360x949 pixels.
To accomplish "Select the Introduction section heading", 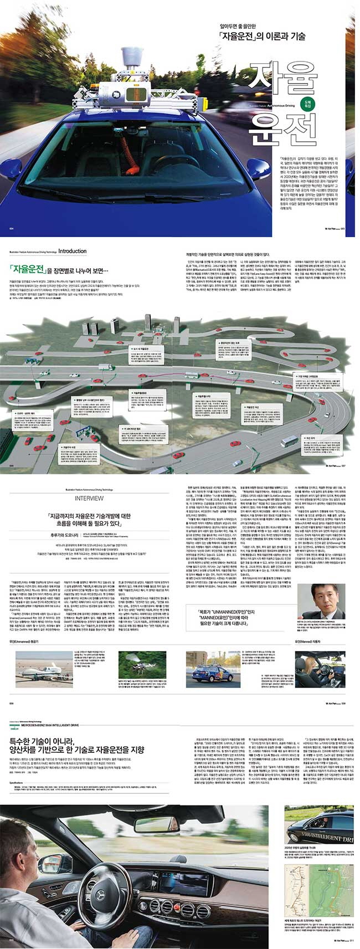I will click(x=72, y=252).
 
